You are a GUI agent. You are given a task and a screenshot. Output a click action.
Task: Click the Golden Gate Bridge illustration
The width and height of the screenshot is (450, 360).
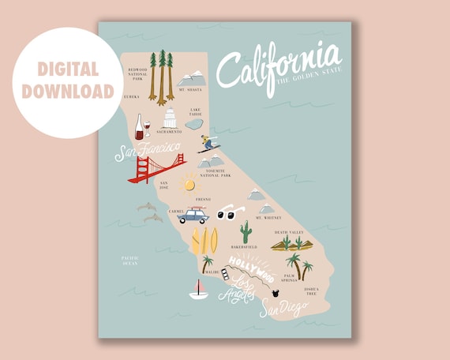coord(156,168)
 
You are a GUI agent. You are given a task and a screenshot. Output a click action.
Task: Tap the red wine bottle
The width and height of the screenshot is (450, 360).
coord(140,126)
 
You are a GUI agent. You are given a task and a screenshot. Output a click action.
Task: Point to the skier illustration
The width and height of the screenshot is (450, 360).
coord(208,143)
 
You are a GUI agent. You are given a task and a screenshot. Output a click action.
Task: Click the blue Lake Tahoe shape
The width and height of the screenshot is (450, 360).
coord(194,124)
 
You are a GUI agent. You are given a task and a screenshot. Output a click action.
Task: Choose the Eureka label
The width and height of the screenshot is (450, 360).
coord(132,96)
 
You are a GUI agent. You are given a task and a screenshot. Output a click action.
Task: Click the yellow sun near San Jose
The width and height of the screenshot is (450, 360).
coord(187,183)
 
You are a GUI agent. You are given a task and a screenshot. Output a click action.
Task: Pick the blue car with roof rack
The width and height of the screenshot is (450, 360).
coord(193,215)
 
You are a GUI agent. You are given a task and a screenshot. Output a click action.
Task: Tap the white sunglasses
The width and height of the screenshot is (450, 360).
coord(228,213)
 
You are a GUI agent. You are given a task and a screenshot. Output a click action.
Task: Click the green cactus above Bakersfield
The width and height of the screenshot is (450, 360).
coord(246,231)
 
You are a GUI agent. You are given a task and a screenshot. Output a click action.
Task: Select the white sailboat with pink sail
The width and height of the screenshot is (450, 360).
coord(198,289)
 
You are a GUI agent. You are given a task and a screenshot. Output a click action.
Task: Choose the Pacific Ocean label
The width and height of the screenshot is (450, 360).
coord(130,261)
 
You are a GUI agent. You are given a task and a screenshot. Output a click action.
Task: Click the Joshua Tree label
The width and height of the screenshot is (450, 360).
coord(313,292)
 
